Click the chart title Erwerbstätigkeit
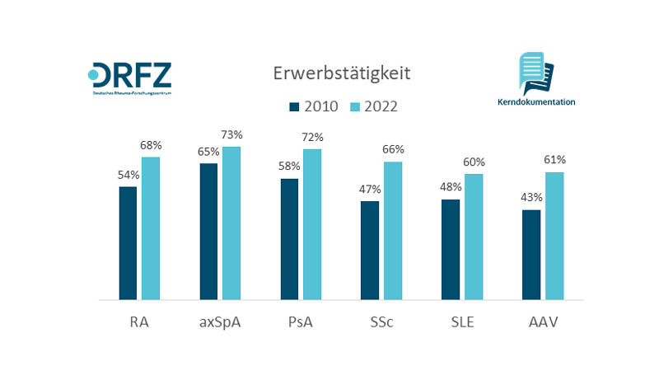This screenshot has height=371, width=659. point(341,73)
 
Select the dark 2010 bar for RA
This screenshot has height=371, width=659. point(128,243)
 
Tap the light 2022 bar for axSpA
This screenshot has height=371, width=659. point(231,223)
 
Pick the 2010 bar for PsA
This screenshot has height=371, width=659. point(289,239)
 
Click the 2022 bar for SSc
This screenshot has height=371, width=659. point(393,231)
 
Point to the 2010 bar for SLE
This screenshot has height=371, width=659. point(451,249)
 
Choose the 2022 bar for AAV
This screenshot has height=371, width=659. point(554,236)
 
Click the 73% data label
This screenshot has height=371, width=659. point(232,134)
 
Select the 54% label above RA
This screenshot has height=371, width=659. point(129,175)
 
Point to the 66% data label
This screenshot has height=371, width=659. point(394,149)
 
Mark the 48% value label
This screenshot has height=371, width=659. point(451,187)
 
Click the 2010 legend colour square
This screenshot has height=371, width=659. point(294,106)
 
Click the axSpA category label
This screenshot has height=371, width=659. point(221,322)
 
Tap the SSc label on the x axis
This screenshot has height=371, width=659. point(382,322)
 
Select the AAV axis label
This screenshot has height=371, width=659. point(544,322)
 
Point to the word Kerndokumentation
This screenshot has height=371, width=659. point(536,102)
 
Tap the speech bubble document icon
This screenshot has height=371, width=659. point(535,73)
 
